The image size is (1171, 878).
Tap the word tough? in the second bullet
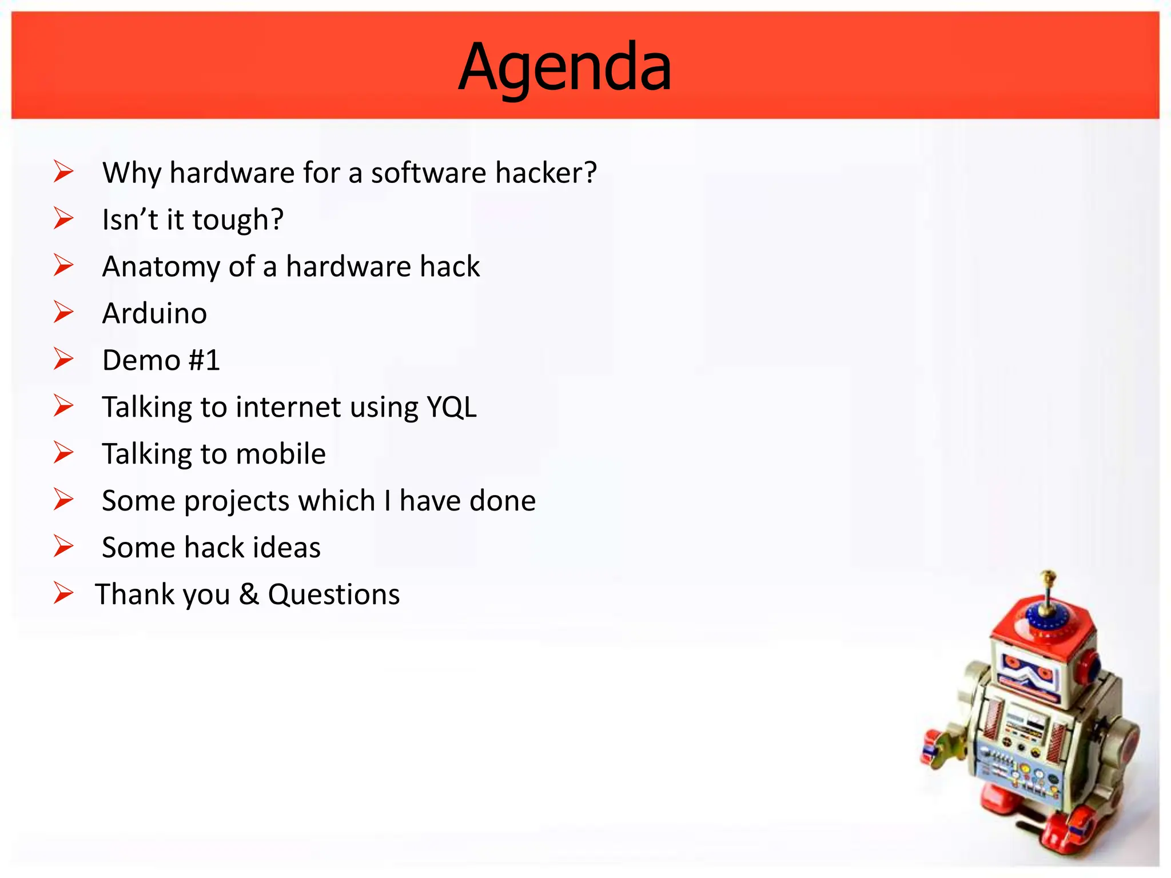[237, 220]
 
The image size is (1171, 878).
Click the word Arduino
[154, 313]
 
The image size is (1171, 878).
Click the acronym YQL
[452, 407]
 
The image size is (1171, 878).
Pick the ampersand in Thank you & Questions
[249, 594]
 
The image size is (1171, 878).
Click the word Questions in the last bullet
[334, 594]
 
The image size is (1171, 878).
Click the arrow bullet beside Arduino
[63, 312]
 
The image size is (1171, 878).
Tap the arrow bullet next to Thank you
[63, 593]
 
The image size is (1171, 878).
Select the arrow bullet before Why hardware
[63, 171]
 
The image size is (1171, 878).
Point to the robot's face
[1029, 675]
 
